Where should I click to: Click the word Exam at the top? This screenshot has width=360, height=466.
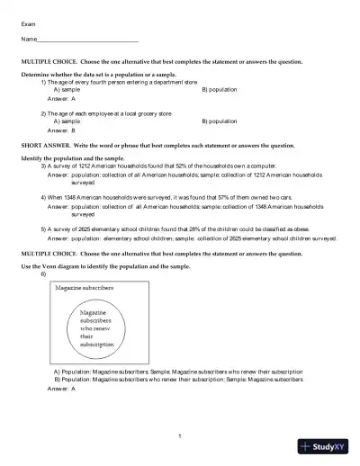tap(28, 24)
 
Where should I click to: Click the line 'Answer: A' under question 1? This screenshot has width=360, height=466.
tap(61, 99)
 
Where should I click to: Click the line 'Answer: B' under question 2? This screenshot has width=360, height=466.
tap(61, 130)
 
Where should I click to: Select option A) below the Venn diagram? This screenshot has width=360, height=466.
tap(177, 371)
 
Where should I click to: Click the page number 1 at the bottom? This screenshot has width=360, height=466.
tap(180, 436)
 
